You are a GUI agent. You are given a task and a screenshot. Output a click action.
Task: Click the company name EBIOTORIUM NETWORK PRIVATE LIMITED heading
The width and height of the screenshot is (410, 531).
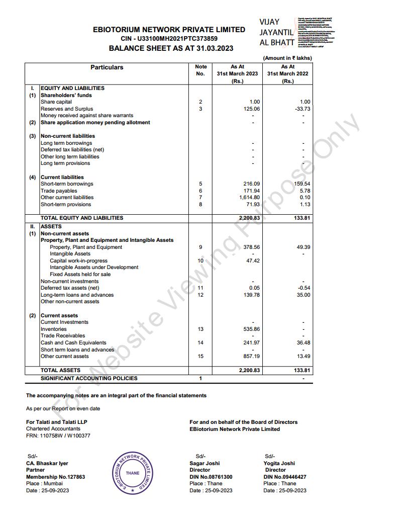click(x=169, y=30)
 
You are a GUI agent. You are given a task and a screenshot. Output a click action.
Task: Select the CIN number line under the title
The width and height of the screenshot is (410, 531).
click(x=169, y=39)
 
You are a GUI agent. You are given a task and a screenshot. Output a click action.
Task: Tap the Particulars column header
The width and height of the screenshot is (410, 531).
click(x=107, y=67)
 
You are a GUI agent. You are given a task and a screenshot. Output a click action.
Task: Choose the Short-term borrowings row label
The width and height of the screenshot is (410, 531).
click(x=67, y=184)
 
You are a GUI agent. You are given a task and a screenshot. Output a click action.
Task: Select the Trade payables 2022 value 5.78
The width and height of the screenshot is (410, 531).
click(x=304, y=191)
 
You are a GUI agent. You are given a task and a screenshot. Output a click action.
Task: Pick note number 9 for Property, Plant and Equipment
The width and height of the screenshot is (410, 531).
click(x=200, y=247)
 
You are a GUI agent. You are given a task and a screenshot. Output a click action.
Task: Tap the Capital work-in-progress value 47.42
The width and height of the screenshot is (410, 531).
click(x=253, y=261)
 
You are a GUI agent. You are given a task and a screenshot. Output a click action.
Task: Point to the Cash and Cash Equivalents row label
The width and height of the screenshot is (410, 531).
click(x=73, y=343)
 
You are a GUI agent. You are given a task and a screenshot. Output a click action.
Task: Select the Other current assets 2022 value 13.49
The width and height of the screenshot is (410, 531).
click(x=303, y=357)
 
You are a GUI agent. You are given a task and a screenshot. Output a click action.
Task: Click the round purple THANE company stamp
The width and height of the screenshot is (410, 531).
click(x=133, y=473)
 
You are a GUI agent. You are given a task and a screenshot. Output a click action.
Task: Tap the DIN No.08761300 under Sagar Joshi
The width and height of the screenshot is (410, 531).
click(x=211, y=477)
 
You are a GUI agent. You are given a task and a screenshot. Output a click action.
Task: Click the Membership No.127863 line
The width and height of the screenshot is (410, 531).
click(x=55, y=477)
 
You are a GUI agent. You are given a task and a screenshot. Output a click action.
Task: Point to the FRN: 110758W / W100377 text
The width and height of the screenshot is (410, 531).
click(x=58, y=435)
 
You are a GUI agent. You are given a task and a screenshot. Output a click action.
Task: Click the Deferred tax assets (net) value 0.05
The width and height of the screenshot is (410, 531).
click(x=254, y=288)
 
